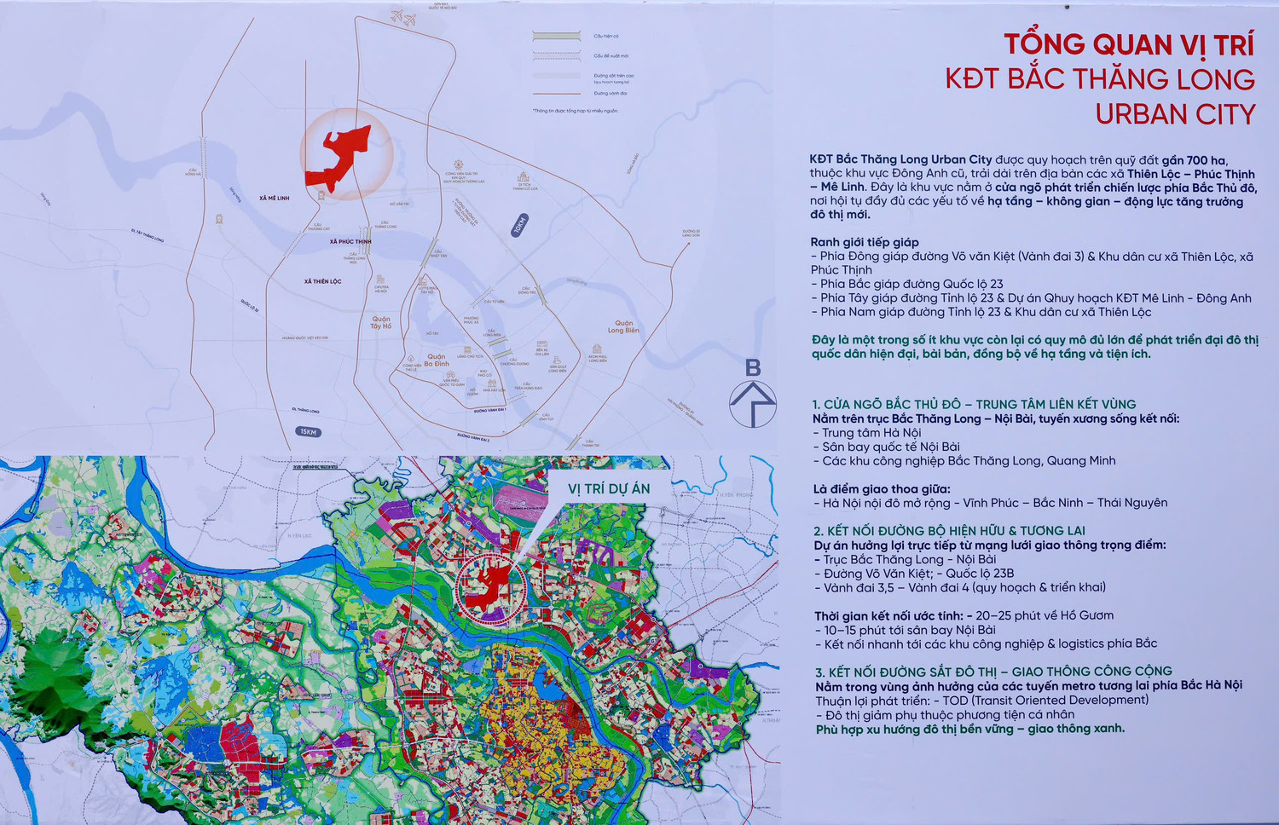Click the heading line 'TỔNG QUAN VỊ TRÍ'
(1128, 44)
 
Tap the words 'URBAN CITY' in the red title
(1174, 114)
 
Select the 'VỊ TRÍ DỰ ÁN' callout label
(609, 489)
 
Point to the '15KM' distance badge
(308, 432)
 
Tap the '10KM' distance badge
(520, 225)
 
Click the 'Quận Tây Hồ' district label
(381, 323)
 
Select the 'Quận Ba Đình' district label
(437, 361)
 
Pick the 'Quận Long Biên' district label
(623, 327)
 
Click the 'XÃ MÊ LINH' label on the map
(275, 198)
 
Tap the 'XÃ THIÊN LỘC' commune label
(322, 281)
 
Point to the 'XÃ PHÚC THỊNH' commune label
(350, 241)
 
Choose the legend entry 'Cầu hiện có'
(606, 37)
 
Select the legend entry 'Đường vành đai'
(611, 94)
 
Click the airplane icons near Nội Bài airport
(402, 16)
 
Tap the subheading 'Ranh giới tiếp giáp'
(865, 242)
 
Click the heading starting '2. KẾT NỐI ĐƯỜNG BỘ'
(949, 531)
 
